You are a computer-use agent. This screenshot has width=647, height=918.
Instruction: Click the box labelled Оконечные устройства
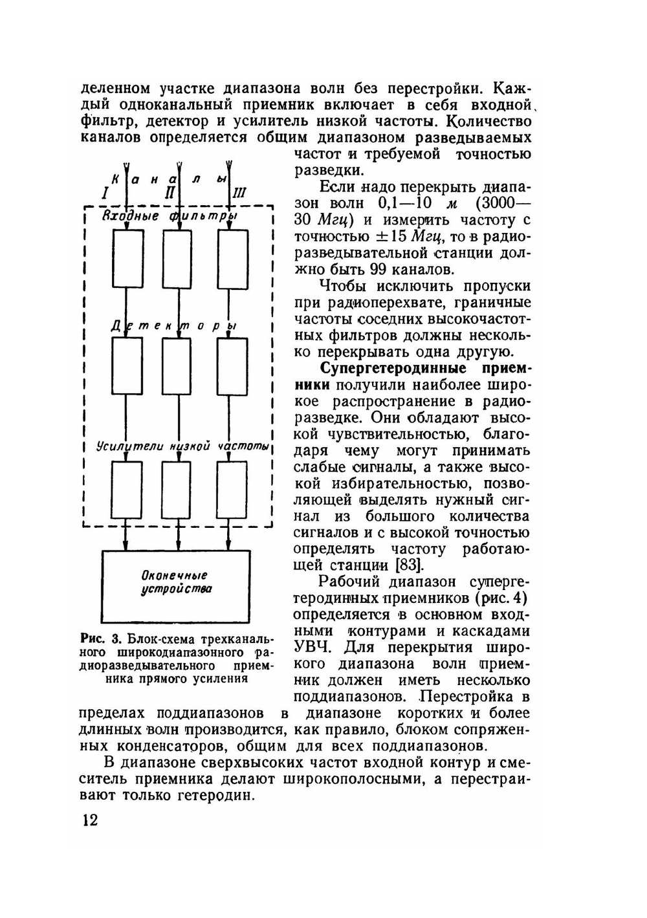click(x=175, y=585)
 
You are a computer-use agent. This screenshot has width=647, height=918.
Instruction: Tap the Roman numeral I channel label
click(x=105, y=193)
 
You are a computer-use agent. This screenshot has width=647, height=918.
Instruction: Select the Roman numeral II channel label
click(x=170, y=193)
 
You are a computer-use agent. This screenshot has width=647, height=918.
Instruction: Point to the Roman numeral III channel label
click(x=239, y=193)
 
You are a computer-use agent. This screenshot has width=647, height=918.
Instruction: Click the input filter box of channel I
click(x=127, y=259)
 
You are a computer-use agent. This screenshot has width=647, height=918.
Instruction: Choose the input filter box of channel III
click(x=232, y=259)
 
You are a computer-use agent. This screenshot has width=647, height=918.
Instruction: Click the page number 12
click(x=89, y=821)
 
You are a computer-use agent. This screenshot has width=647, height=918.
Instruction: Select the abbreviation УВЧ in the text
click(x=314, y=648)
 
